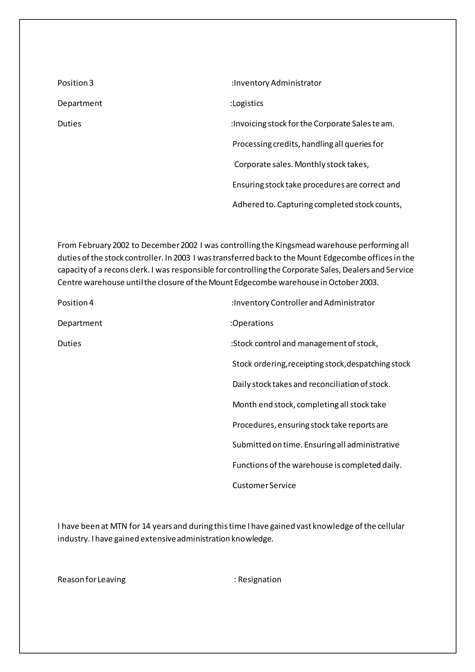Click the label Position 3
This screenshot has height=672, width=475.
click(75, 83)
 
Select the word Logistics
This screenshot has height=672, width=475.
click(248, 103)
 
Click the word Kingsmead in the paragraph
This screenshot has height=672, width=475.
click(295, 245)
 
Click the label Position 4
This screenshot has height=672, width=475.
click(75, 303)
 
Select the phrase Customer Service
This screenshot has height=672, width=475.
click(264, 486)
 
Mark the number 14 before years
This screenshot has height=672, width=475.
click(146, 526)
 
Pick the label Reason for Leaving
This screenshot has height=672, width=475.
click(92, 579)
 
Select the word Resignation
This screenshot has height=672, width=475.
click(260, 579)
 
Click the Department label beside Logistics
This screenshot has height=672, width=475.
click(80, 103)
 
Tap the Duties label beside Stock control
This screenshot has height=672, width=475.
click(69, 344)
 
